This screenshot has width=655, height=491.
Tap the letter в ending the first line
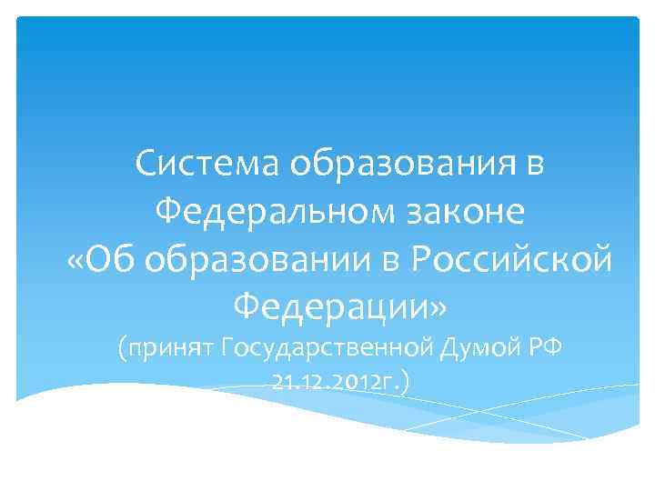click(x=537, y=165)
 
